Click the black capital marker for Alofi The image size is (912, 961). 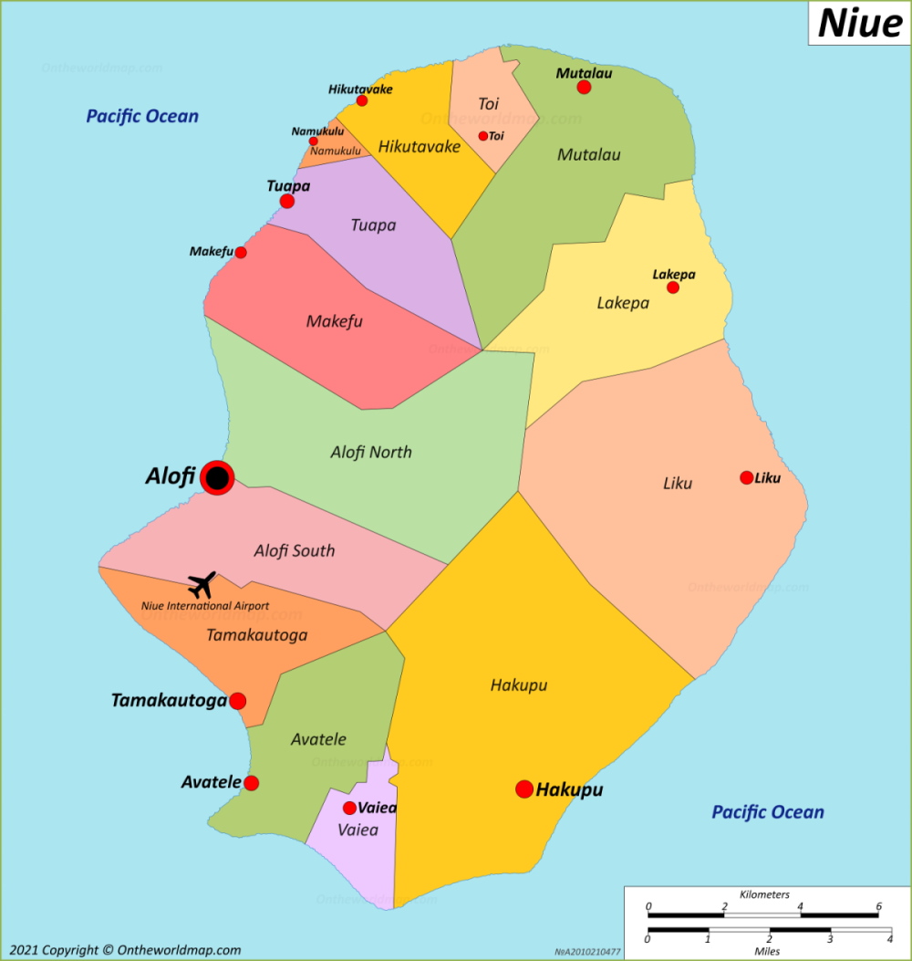coord(217,477)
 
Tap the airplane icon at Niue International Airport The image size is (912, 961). coord(202,585)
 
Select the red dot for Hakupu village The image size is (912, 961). coord(524,789)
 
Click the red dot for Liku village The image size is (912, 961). coord(747,477)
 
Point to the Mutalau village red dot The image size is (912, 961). coord(584,88)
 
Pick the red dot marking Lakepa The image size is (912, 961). coord(673,287)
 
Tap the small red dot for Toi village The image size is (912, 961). coord(483,136)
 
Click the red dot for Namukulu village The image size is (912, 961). coord(314,141)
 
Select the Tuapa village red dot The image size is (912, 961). coord(287,201)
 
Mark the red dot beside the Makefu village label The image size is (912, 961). coord(241,253)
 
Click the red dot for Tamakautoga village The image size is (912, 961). coord(238,701)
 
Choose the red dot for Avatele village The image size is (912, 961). coord(252,783)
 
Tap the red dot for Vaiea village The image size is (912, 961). coord(349,808)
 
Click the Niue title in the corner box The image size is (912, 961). coord(859,23)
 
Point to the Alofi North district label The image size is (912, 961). coord(371,452)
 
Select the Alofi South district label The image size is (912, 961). coord(294,550)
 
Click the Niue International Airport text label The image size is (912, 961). coord(205,606)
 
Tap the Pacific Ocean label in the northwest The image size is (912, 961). coord(142,116)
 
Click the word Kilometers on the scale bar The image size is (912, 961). coord(764,894)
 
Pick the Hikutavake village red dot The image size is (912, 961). coord(362,100)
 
